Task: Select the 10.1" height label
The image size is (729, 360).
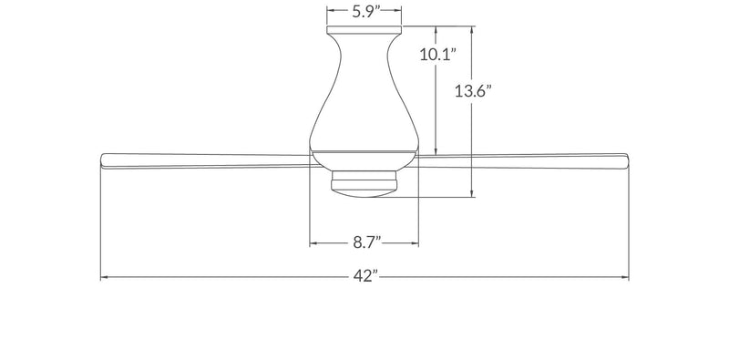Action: click(x=436, y=55)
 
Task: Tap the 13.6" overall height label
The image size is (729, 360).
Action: click(x=473, y=91)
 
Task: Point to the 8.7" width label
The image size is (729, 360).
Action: click(x=366, y=242)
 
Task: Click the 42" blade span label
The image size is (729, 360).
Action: click(x=365, y=277)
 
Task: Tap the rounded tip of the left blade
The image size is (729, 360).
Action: click(x=102, y=160)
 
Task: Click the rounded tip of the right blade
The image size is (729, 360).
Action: click(x=627, y=160)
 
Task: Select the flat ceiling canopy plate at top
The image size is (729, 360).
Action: click(x=364, y=29)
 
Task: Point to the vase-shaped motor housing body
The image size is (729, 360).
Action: click(x=364, y=93)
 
